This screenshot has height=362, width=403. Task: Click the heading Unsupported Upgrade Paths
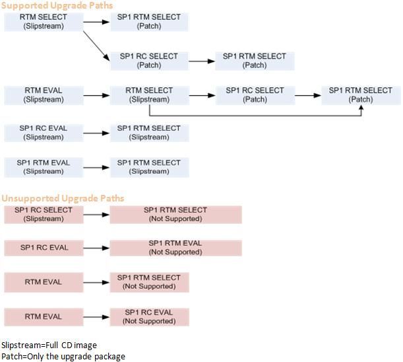click(63, 198)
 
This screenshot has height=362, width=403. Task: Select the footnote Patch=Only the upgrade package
click(63, 357)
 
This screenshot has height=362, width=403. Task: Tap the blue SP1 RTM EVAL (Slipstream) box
click(44, 167)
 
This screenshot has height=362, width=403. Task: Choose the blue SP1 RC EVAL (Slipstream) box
click(44, 133)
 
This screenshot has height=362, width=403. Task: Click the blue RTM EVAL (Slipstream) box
click(44, 95)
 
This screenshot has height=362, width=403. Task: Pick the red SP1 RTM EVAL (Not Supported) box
click(175, 248)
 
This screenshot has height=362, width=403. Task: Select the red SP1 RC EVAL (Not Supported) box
click(149, 316)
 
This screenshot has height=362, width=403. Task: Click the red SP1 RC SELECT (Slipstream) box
click(44, 214)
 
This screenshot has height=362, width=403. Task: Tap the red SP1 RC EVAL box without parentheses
click(44, 248)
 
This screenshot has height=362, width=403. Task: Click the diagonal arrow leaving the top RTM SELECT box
click(97, 45)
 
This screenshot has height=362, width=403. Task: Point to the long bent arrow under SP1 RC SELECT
click(257, 116)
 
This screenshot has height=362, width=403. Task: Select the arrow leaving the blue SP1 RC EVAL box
click(96, 133)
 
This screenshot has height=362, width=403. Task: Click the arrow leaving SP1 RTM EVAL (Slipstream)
click(96, 167)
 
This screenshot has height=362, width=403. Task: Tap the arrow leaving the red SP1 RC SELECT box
click(96, 214)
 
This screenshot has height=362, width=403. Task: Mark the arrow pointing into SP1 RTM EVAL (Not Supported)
click(96, 248)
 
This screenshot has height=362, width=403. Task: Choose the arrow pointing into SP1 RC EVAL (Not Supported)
click(96, 316)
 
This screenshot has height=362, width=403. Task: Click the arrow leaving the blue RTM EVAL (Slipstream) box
click(96, 95)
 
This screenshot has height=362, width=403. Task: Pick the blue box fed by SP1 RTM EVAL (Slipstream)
click(149, 167)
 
